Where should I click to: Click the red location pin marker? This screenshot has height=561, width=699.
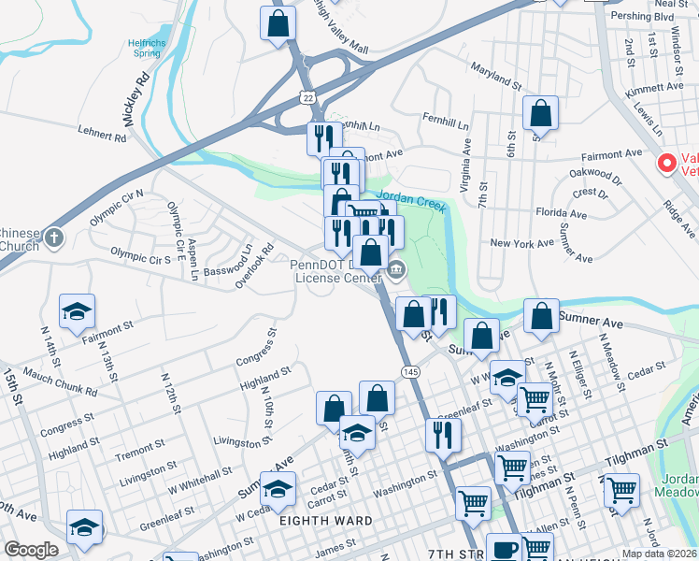pyautogui.click(x=667, y=163)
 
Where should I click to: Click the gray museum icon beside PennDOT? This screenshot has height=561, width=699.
pyautogui.click(x=396, y=271)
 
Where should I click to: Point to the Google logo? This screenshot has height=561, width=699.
pyautogui.click(x=31, y=550)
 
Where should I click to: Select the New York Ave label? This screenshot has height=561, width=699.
pyautogui.click(x=522, y=243)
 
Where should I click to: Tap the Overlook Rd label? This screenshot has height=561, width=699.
pyautogui.click(x=253, y=265)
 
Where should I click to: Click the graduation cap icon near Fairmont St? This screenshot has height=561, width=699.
pyautogui.click(x=78, y=311)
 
